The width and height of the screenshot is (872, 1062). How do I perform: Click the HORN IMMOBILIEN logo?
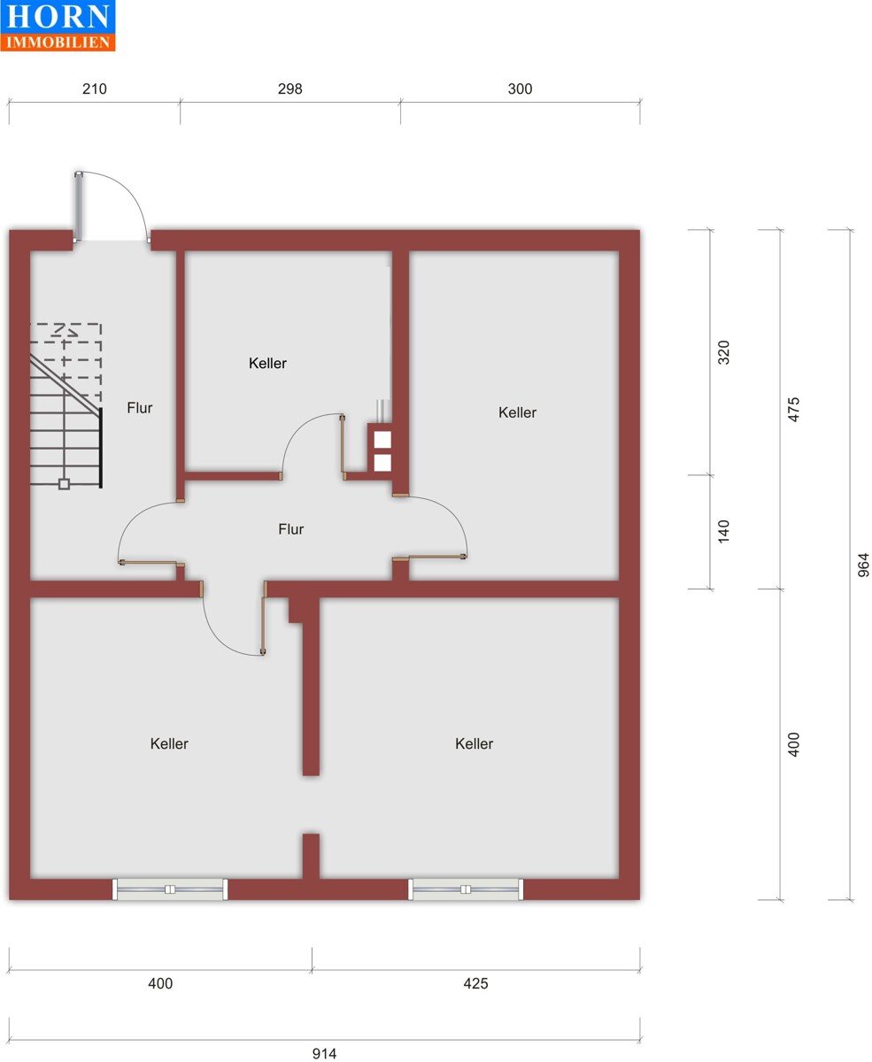(x=58, y=25)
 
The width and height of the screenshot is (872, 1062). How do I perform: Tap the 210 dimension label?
(x=94, y=89)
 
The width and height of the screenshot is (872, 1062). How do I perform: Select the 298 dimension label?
(x=289, y=89)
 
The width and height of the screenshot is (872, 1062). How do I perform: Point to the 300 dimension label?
(x=520, y=89)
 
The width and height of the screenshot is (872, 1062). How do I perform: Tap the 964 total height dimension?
(x=863, y=565)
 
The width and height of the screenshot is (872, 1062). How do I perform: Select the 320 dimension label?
(x=723, y=352)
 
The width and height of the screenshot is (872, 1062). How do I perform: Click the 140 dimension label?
(x=723, y=531)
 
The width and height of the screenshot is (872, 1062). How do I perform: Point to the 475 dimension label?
(x=793, y=410)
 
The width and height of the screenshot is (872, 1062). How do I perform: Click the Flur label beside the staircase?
(x=140, y=408)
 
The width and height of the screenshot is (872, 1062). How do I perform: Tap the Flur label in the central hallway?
(x=290, y=529)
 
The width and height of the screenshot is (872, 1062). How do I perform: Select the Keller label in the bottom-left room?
(x=169, y=743)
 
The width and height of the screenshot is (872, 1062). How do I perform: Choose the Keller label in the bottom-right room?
(x=474, y=743)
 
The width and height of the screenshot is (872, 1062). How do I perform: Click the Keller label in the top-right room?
(x=517, y=412)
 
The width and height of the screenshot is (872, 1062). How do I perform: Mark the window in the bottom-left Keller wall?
(x=170, y=889)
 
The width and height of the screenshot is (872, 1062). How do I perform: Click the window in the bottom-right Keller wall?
(x=466, y=889)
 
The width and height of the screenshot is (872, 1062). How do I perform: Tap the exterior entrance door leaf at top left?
(x=79, y=206)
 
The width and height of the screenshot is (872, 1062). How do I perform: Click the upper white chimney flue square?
(x=382, y=440)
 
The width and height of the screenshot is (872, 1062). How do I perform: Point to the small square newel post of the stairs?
(x=64, y=484)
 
